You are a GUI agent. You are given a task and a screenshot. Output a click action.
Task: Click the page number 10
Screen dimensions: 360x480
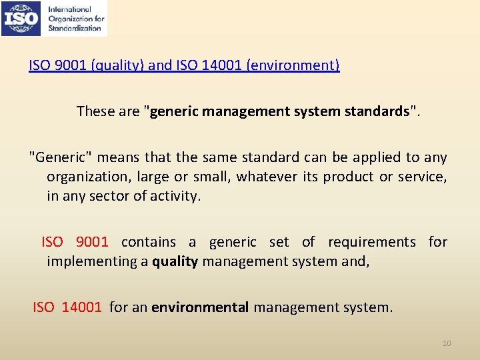click(447, 343)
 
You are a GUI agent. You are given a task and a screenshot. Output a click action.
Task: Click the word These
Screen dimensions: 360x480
click(95, 111)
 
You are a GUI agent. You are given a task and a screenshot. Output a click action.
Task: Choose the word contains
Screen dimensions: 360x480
click(149, 242)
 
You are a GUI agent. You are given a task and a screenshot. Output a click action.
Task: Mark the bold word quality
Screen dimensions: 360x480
click(175, 262)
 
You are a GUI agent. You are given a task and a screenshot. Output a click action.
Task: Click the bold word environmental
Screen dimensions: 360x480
click(200, 307)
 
